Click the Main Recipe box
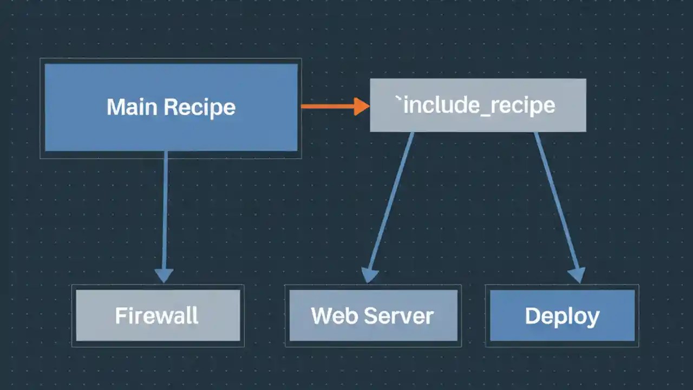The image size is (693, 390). [x=171, y=107]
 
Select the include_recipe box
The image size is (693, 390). [x=478, y=105]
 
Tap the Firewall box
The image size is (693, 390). [x=158, y=315]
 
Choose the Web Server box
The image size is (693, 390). [x=373, y=315]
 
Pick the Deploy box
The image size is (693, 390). [x=562, y=315]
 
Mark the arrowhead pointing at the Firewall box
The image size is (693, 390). [x=164, y=275]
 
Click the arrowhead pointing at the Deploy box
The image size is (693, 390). [x=577, y=275]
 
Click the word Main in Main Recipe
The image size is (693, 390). [x=132, y=107]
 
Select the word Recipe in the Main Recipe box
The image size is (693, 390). [x=199, y=107]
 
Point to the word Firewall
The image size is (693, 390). [x=157, y=316]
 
